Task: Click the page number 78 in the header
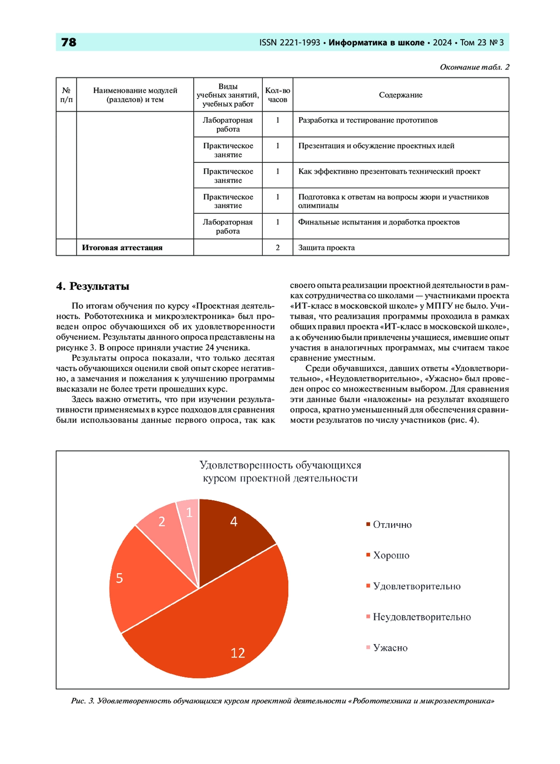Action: click(x=69, y=42)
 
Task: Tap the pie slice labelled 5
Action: click(x=140, y=579)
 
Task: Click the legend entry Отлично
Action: click(x=392, y=525)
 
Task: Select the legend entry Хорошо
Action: click(x=391, y=556)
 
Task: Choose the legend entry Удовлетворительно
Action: click(x=416, y=587)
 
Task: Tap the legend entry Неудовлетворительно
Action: click(x=421, y=617)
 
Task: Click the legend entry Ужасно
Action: click(x=390, y=648)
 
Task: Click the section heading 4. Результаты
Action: click(x=93, y=287)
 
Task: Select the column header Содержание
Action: click(x=400, y=95)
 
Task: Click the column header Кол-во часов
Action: click(x=278, y=95)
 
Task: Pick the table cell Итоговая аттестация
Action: click(x=122, y=248)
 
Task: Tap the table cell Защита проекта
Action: click(x=327, y=248)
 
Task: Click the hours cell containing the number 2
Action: click(x=278, y=248)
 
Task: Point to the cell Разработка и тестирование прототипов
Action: click(x=368, y=120)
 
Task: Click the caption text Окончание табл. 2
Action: click(x=474, y=67)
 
